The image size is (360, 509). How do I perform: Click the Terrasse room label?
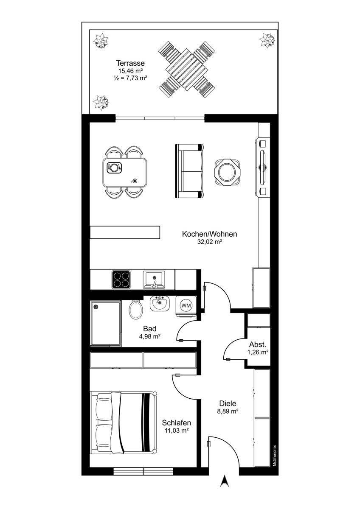pos(130,63)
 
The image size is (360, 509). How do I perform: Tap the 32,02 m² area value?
pos(209,242)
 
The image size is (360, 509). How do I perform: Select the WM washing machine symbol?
pos(186,306)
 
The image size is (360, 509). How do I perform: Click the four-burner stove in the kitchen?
pos(121,280)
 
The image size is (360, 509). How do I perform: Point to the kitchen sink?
pos(155,280)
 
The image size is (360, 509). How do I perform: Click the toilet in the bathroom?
pos(136,309)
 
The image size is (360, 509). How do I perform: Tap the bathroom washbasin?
pos(160,303)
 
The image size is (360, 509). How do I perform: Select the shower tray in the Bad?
pos(106,324)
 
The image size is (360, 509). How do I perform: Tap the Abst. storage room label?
pos(257,344)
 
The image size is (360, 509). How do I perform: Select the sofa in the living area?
pos(189,171)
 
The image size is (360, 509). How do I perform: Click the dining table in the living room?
pos(125,172)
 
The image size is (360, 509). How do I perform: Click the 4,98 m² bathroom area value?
pos(150,336)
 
